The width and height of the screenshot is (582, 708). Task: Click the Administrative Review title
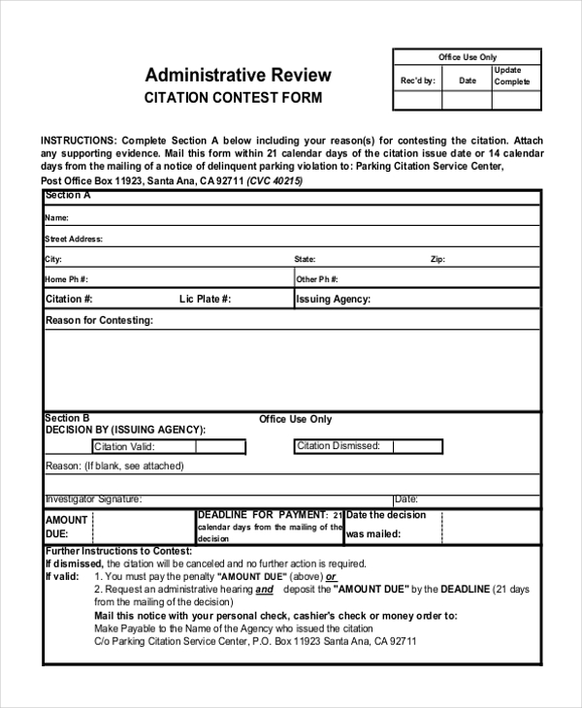click(238, 75)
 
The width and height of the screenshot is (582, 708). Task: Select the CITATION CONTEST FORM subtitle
click(233, 98)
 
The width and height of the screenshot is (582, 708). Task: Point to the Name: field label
click(56, 218)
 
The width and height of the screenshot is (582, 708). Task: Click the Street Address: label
click(74, 239)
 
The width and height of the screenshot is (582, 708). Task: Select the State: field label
click(305, 260)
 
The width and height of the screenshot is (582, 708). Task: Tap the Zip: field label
click(437, 260)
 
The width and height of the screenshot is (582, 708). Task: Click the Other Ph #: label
click(320, 279)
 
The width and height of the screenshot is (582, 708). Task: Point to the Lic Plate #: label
click(205, 300)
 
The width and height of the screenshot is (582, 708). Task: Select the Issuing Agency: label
click(333, 300)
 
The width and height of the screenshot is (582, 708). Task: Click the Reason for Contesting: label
click(100, 320)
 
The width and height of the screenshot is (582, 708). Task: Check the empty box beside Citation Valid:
click(221, 447)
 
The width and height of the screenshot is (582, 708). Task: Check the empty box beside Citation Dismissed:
click(418, 446)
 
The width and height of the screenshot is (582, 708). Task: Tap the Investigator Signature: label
click(94, 499)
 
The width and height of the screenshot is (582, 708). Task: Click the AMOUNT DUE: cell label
click(66, 527)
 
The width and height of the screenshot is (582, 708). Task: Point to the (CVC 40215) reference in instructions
click(275, 180)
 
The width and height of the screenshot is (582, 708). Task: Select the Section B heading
click(68, 418)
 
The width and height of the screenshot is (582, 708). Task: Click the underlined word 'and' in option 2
click(265, 589)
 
